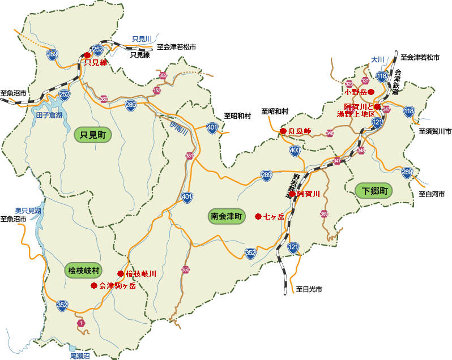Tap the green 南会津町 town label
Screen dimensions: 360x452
tap(227, 216)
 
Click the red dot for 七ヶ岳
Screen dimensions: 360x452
tap(258, 216)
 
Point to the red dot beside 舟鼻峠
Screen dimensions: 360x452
tap(283, 131)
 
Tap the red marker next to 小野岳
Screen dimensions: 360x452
tap(370, 91)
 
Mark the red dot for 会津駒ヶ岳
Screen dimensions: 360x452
tap(94, 286)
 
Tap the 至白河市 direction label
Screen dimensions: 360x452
tap(432, 194)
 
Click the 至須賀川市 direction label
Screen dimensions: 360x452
tap(435, 131)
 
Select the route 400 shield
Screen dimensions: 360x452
tap(295, 151)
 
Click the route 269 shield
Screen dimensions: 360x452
tap(52, 55)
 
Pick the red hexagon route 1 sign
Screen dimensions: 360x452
tap(81, 323)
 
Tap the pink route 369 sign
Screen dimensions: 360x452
tap(324, 214)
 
